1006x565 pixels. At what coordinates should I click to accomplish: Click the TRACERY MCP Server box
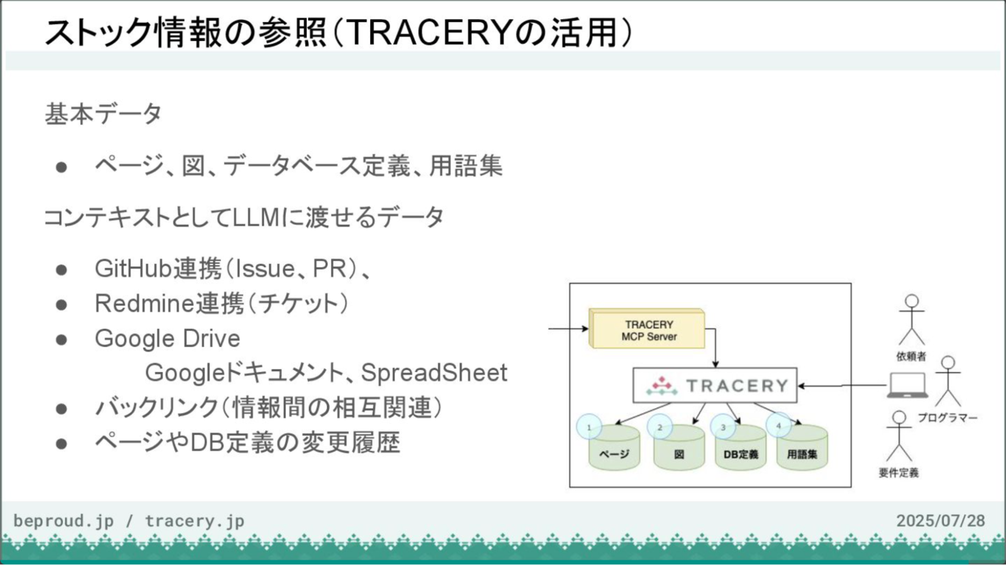(648, 330)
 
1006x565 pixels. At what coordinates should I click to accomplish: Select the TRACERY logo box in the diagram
(715, 386)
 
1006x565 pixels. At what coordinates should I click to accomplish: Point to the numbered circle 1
(589, 427)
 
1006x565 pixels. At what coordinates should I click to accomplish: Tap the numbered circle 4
(779, 426)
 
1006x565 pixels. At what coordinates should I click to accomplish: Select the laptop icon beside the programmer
(907, 385)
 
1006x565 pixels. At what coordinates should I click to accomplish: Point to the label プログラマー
(947, 418)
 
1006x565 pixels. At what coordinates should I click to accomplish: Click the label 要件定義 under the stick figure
(899, 473)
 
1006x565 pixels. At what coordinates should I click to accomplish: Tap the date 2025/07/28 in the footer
(941, 520)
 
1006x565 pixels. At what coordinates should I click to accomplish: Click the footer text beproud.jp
(63, 521)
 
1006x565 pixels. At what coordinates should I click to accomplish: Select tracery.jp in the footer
(194, 521)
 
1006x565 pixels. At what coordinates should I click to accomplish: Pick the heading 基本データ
(103, 114)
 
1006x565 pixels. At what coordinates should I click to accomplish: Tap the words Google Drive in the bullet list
(167, 339)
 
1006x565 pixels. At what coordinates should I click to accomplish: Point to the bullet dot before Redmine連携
(62, 305)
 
